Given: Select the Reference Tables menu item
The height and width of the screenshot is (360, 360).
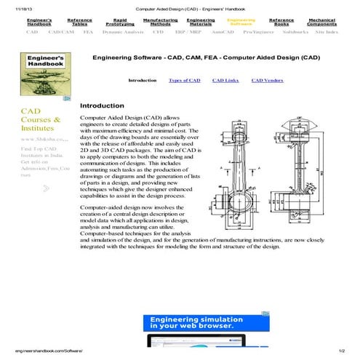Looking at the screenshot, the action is tap(79, 23).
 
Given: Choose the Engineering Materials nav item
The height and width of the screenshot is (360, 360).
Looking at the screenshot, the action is tap(200, 23).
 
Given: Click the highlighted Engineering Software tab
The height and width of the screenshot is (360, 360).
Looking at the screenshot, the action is tap(241, 23).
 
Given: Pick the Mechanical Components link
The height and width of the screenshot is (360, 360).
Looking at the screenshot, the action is tap(321, 23).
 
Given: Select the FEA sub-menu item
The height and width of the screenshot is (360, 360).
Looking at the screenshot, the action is tap(87, 33).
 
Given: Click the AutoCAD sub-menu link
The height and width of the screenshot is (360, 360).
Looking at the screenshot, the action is tap(223, 33).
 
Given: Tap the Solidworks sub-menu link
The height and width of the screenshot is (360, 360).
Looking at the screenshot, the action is tap(295, 33).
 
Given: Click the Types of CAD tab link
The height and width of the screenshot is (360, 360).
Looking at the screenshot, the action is tap(184, 80).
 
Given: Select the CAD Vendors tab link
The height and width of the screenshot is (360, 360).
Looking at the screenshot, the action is tap(267, 80).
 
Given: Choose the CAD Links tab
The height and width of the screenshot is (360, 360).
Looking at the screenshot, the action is tap(225, 80).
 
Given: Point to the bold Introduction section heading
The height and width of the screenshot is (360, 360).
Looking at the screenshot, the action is tap(102, 106).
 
